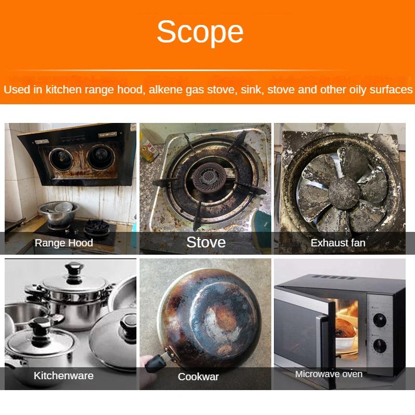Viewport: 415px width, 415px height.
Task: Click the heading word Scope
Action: [x=200, y=32]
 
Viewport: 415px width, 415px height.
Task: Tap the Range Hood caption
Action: [x=64, y=243]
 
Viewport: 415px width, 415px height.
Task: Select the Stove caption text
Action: [x=206, y=242]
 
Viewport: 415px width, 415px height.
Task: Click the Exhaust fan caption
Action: [x=338, y=243]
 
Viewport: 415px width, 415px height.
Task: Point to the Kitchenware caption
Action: [x=64, y=376]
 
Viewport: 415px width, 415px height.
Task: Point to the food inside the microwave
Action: [x=344, y=328]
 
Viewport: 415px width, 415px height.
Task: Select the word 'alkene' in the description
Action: [x=167, y=90]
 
